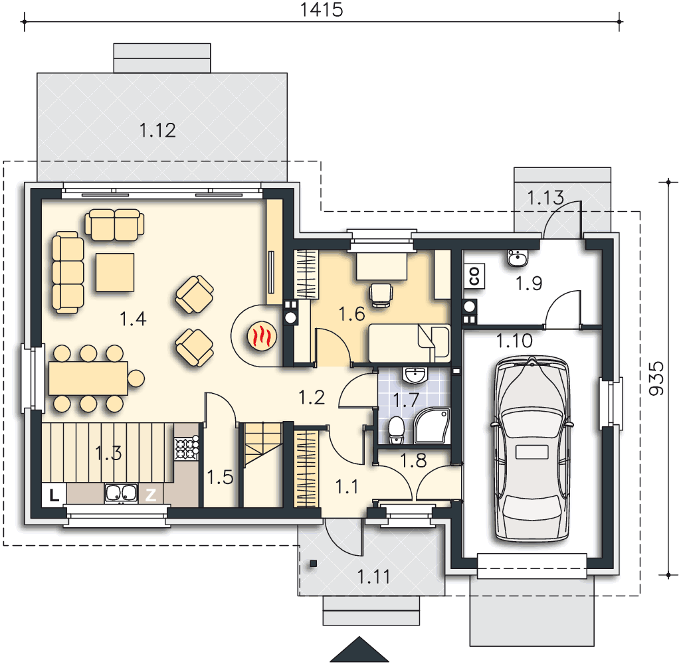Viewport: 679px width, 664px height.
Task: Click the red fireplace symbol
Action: click(262, 335)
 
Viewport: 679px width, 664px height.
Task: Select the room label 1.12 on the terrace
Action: click(157, 130)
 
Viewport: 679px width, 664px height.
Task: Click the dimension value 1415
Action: click(322, 9)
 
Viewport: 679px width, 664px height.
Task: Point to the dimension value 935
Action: click(656, 378)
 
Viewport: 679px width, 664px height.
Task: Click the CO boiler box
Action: click(474, 276)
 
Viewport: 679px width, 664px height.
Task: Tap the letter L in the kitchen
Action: click(54, 495)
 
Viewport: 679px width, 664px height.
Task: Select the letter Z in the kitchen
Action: click(151, 494)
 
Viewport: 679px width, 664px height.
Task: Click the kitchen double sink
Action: click(121, 493)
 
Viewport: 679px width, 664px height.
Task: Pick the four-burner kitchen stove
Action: click(186, 448)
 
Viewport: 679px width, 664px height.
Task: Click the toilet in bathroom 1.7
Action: click(396, 430)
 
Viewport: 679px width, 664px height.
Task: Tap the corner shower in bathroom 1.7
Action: click(432, 426)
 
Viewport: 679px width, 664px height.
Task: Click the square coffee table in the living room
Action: click(115, 272)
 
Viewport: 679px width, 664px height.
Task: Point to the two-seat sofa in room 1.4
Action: click(114, 224)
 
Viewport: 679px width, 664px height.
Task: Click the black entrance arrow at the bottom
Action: click(359, 649)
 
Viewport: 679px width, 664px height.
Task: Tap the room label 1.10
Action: click(514, 341)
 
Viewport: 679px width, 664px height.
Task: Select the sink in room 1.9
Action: click(518, 258)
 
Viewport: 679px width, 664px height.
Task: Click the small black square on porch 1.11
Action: click(313, 564)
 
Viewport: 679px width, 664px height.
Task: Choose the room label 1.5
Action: click(220, 477)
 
